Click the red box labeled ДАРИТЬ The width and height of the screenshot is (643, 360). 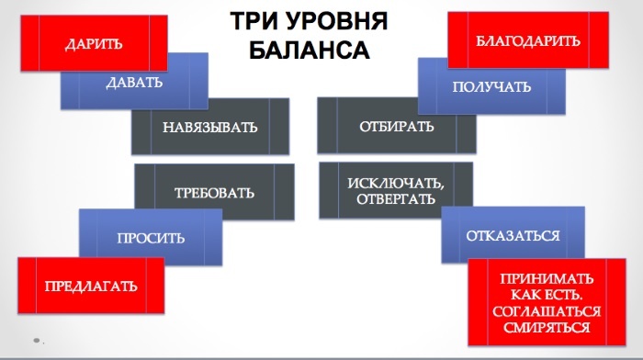coord(94,43)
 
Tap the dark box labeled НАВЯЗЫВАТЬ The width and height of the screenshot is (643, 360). coord(209,126)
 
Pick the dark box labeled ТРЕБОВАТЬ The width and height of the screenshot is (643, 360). coord(215,193)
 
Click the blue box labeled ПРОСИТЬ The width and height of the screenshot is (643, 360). coord(152,238)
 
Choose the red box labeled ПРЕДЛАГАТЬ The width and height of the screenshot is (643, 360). coord(92,286)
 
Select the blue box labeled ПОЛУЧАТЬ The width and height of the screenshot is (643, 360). coord(491,86)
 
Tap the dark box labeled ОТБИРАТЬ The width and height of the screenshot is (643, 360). coord(397,126)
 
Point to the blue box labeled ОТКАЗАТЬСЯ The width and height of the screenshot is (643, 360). coord(513,235)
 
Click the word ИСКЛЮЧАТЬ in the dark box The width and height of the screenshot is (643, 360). coord(396,184)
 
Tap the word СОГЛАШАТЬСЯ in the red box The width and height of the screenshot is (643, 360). coord(547,311)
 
